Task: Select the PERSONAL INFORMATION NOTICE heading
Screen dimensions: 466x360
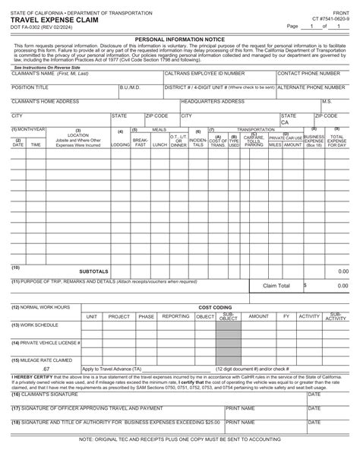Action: (x=179, y=37)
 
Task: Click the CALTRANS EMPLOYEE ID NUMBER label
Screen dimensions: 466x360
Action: (x=204, y=74)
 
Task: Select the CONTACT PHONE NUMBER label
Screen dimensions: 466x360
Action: (x=308, y=74)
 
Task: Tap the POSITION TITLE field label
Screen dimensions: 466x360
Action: (x=30, y=87)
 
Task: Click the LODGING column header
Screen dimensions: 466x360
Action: (x=120, y=144)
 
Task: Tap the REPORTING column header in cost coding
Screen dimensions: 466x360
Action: (x=175, y=315)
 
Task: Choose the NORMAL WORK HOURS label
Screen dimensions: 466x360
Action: (x=40, y=307)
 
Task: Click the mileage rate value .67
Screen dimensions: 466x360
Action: (x=46, y=369)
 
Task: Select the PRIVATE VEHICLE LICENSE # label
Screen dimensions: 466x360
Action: (x=45, y=343)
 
